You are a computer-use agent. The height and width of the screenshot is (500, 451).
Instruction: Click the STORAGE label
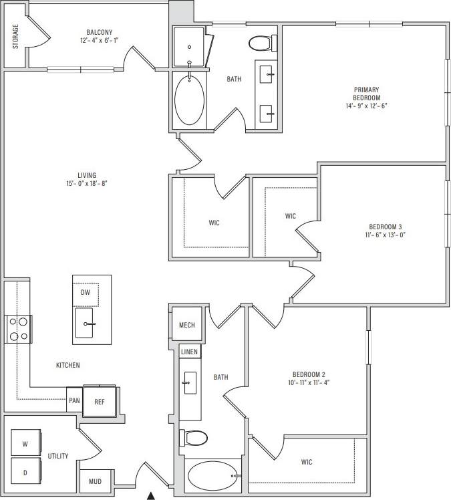click(15, 37)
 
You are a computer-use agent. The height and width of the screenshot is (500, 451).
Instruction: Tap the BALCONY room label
click(99, 32)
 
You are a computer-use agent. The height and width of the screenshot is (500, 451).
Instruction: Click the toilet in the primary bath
click(262, 43)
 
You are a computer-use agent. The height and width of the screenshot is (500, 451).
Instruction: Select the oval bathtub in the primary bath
click(191, 100)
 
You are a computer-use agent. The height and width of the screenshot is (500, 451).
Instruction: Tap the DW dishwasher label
click(85, 293)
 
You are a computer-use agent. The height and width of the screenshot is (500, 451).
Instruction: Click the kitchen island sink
click(86, 324)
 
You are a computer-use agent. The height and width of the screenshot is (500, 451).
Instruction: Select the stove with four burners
click(19, 329)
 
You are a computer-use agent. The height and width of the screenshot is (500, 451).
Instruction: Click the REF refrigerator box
click(99, 402)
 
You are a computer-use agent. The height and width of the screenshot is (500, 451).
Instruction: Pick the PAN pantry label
click(74, 402)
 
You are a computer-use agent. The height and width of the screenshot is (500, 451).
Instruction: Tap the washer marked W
click(25, 443)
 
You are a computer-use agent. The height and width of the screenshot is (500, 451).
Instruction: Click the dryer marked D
click(25, 473)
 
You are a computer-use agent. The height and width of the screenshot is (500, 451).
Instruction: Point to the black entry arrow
click(151, 495)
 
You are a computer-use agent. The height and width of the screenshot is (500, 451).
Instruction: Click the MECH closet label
click(186, 326)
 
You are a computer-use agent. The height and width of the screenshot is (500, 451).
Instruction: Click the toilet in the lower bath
click(196, 438)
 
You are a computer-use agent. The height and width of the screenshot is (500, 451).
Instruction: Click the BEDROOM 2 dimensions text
click(308, 382)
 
